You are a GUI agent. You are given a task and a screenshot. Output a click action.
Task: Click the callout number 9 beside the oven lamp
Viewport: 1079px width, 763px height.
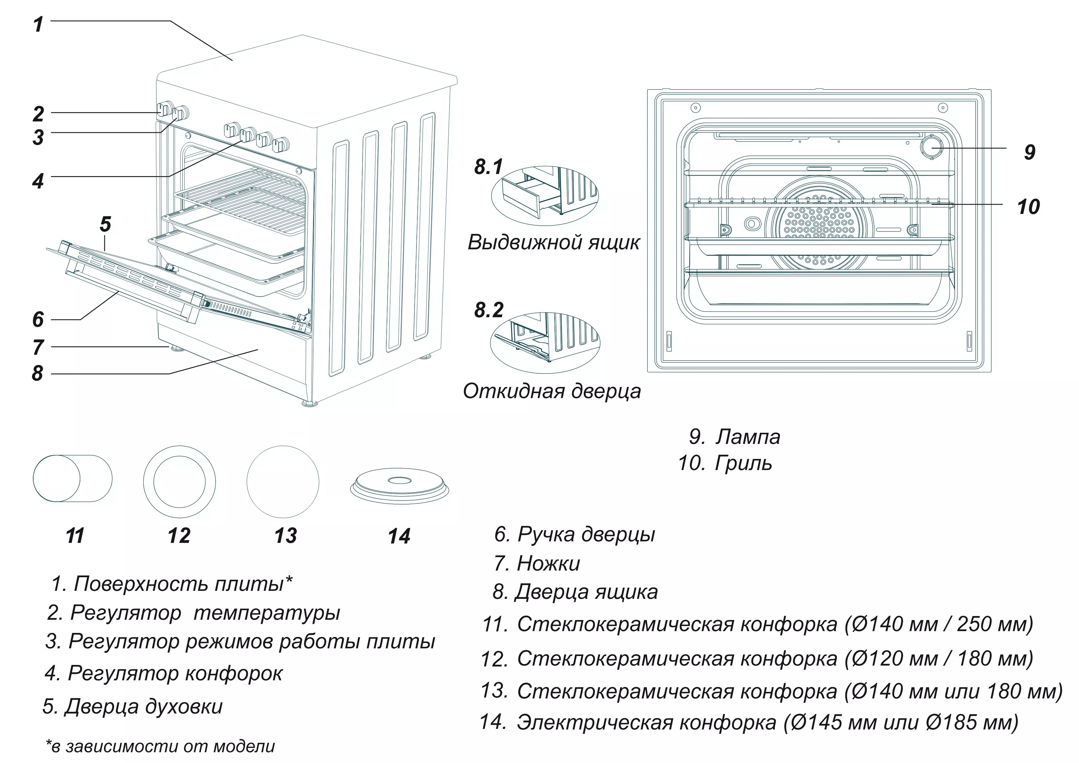pyautogui.click(x=1029, y=152)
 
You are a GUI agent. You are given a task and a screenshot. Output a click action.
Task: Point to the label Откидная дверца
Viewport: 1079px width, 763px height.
pyautogui.click(x=552, y=391)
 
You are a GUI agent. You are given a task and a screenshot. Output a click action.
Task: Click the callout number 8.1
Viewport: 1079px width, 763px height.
pyautogui.click(x=488, y=167)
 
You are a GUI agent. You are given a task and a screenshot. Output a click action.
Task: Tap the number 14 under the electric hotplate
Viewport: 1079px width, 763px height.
pyautogui.click(x=399, y=536)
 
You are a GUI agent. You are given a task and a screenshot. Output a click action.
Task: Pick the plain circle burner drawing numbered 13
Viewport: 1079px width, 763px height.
pyautogui.click(x=283, y=482)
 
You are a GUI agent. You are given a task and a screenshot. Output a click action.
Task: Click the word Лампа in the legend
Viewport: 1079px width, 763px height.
pyautogui.click(x=748, y=437)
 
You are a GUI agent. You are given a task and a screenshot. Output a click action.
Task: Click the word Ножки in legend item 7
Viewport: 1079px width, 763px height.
pyautogui.click(x=548, y=563)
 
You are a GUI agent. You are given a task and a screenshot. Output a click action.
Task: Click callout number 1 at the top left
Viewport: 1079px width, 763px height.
pyautogui.click(x=38, y=24)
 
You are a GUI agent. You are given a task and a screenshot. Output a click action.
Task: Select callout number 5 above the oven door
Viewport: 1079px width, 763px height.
pyautogui.click(x=105, y=225)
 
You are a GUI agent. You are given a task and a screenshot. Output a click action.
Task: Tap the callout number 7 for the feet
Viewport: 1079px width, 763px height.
pyautogui.click(x=38, y=348)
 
